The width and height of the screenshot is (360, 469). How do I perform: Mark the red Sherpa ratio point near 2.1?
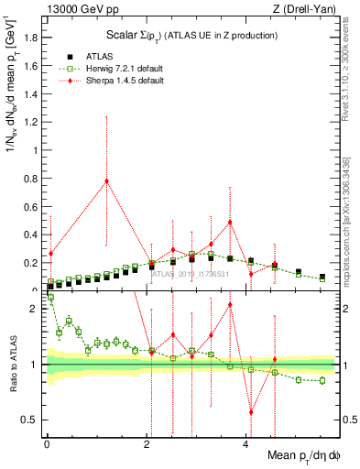coord(230,304)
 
